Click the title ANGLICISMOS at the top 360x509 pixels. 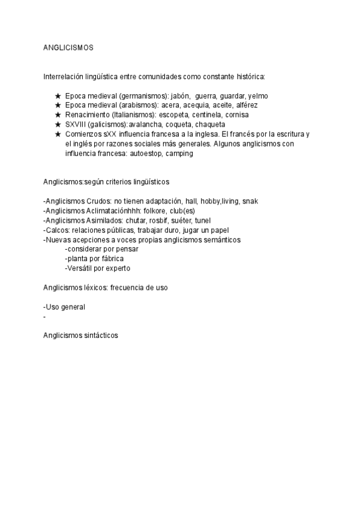68,47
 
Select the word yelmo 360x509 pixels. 257,96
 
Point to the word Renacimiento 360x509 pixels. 89,115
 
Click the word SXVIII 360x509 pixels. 76,124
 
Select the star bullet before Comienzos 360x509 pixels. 58,134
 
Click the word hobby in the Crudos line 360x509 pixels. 209,201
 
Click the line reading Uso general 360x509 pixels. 64,307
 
